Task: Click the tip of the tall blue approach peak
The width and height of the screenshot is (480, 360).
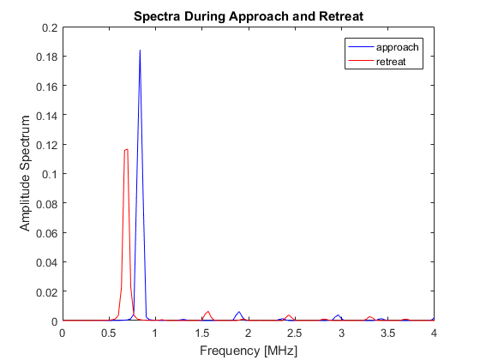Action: [x=140, y=50]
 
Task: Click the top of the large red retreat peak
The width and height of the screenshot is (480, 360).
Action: [x=126, y=149]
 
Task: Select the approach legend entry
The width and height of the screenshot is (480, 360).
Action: [x=384, y=47]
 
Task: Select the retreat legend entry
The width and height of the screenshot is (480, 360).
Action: [x=377, y=62]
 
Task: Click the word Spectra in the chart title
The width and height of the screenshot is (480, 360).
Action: [x=157, y=16]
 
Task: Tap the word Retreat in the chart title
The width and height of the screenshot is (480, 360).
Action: [x=341, y=16]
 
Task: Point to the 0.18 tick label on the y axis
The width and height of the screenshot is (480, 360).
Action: [x=46, y=57]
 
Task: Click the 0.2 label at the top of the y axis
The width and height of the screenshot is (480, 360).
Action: [x=50, y=27]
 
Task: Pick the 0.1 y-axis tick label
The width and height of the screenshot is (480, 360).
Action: [x=50, y=174]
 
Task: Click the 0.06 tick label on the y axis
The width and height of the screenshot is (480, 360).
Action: [x=46, y=233]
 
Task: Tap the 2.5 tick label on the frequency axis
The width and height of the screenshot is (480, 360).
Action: [x=295, y=333]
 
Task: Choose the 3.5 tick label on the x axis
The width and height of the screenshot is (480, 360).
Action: [x=387, y=333]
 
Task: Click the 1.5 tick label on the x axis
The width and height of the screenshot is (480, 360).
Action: [x=201, y=333]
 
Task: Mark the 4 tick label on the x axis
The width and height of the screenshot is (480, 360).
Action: [x=434, y=333]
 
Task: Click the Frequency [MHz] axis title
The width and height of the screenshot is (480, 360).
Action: [x=249, y=351]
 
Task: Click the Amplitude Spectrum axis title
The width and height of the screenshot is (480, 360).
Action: [x=25, y=173]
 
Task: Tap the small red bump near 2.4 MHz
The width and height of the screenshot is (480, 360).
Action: [x=288, y=317]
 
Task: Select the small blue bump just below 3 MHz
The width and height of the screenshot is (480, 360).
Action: [x=338, y=317]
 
